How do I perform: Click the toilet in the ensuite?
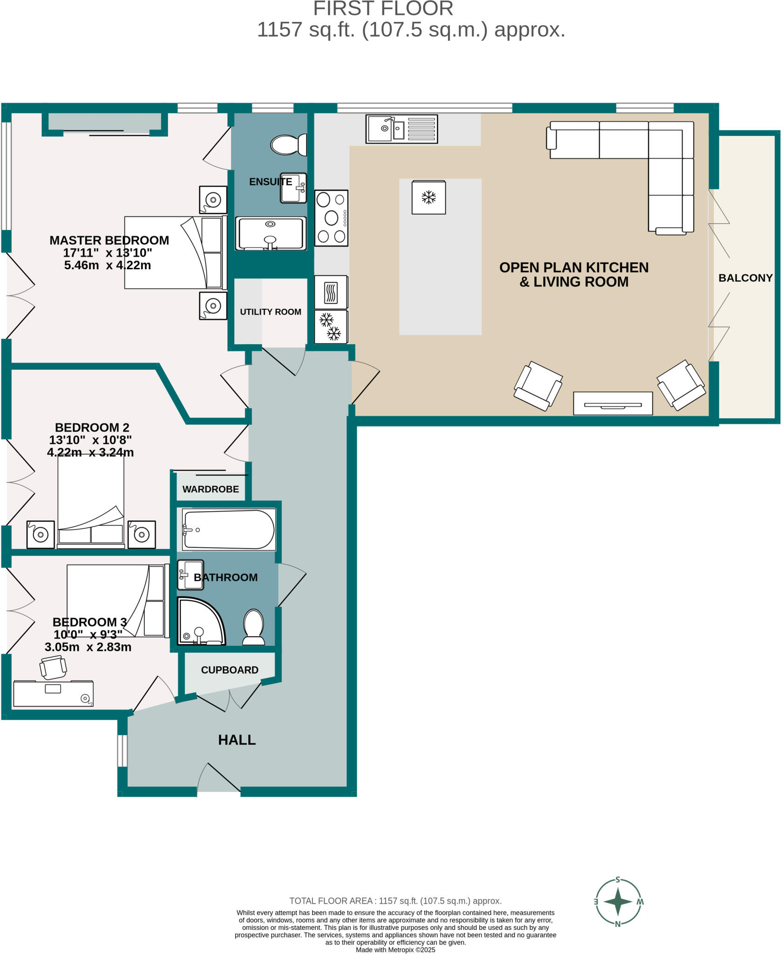pyautogui.click(x=288, y=145)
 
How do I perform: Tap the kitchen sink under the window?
pyautogui.click(x=401, y=129)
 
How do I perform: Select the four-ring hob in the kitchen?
pyautogui.click(x=331, y=218)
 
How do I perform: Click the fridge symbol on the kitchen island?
pyautogui.click(x=428, y=198)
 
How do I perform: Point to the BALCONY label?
pyautogui.click(x=745, y=278)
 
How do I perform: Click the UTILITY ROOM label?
pyautogui.click(x=271, y=312)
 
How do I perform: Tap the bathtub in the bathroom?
pyautogui.click(x=229, y=530)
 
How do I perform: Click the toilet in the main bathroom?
pyautogui.click(x=254, y=627)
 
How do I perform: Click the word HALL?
pyautogui.click(x=237, y=740)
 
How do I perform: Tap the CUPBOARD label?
pyautogui.click(x=230, y=670)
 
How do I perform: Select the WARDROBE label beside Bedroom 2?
pyautogui.click(x=211, y=489)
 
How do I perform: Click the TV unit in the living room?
pyautogui.click(x=612, y=403)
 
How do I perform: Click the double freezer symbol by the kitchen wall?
pyautogui.click(x=331, y=326)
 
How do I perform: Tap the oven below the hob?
pyautogui.click(x=331, y=293)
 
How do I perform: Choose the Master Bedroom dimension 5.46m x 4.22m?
pyautogui.click(x=108, y=266)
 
